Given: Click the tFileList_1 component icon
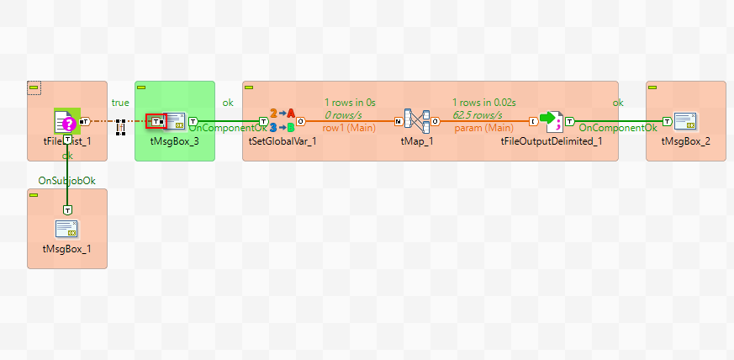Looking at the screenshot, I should (66, 121).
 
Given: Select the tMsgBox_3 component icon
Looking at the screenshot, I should (175, 121).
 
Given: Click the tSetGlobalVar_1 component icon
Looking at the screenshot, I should (283, 121).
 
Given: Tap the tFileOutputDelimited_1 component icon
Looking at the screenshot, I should (551, 121).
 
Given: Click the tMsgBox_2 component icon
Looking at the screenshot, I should (686, 121).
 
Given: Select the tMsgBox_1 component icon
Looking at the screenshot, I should (67, 228).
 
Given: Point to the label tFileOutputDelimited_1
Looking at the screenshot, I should (551, 141).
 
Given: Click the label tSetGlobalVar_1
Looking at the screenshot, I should (283, 141).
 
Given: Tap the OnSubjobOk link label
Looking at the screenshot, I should (61, 180).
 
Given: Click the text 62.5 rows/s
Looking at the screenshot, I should (477, 114).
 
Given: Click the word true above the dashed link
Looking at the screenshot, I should (120, 102).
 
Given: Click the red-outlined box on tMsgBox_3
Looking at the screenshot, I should (156, 122).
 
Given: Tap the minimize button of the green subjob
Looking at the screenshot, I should (142, 87).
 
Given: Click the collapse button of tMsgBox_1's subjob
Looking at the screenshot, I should (34, 194).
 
